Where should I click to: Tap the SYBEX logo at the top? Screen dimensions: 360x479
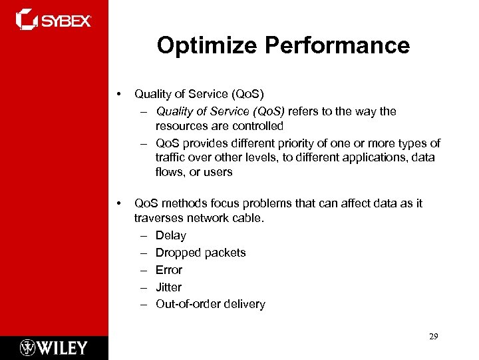[54, 19]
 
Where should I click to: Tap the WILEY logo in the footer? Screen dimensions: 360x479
[54, 347]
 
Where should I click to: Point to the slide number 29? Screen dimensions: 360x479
[433, 337]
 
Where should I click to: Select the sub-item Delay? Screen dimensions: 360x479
[171, 235]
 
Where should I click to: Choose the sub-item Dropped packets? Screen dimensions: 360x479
[200, 253]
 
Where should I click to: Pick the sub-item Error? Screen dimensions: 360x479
[169, 270]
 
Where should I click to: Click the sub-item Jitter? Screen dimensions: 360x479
[168, 287]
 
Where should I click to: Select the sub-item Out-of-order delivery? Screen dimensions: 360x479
[210, 304]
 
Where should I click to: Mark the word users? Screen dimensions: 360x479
[218, 172]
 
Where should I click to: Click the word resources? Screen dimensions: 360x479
[181, 126]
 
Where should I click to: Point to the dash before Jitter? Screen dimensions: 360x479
[144, 287]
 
